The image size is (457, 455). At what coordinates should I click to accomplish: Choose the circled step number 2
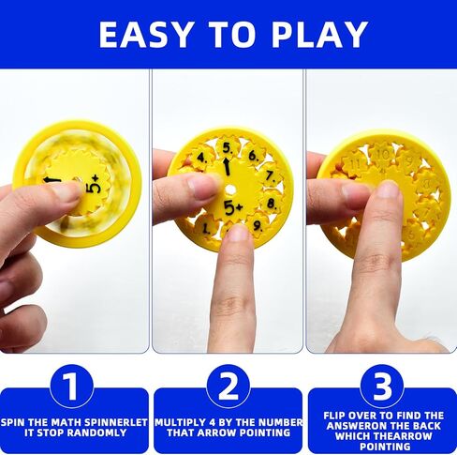[x=228, y=385]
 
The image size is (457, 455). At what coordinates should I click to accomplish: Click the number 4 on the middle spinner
[x=200, y=158]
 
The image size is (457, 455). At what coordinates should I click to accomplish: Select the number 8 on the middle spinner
[x=271, y=202]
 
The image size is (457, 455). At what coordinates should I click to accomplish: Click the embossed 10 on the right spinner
[x=382, y=153]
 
